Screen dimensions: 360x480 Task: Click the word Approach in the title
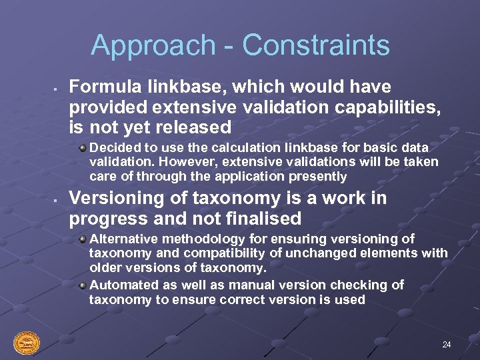[153, 46]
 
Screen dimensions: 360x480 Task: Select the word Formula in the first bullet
[102, 87]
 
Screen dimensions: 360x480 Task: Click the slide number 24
[446, 345]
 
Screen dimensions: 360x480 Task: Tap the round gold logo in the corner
[27, 343]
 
